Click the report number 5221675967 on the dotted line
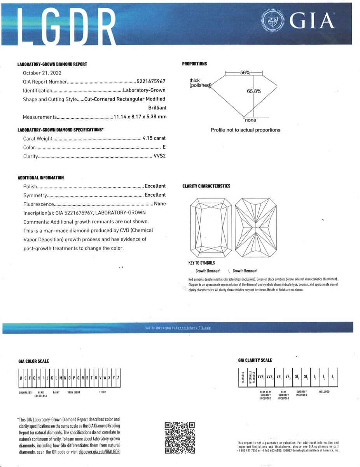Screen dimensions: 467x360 (x=151, y=82)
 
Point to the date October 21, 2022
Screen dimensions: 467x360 (x=42, y=73)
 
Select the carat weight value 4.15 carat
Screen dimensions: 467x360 (x=154, y=138)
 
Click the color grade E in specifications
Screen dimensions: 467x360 (x=164, y=147)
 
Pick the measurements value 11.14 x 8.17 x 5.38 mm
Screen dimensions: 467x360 (x=140, y=117)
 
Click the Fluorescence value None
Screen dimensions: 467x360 (x=160, y=204)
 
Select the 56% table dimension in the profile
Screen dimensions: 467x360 (x=245, y=73)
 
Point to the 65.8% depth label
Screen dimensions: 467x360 (x=254, y=91)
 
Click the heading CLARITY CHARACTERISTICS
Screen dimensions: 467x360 (x=206, y=186)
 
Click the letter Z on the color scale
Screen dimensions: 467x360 (x=118, y=378)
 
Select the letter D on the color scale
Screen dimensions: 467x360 (x=21, y=378)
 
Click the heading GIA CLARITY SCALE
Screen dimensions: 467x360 (x=255, y=360)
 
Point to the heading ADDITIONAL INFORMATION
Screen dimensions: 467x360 (x=41, y=178)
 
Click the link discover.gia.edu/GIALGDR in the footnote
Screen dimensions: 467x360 (x=99, y=452)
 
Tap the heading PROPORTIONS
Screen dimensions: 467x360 (x=194, y=64)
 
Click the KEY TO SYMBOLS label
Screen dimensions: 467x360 (x=201, y=263)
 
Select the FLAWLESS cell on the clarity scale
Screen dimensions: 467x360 (x=243, y=377)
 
